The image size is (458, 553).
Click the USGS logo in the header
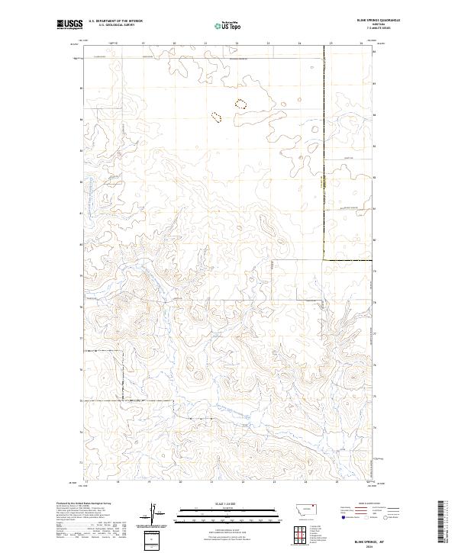(71, 24)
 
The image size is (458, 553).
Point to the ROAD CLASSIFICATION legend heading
(367, 503)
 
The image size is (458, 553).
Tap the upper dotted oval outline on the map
(241, 104)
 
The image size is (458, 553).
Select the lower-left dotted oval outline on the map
(217, 117)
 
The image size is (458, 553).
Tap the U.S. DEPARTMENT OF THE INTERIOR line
(115, 21)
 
